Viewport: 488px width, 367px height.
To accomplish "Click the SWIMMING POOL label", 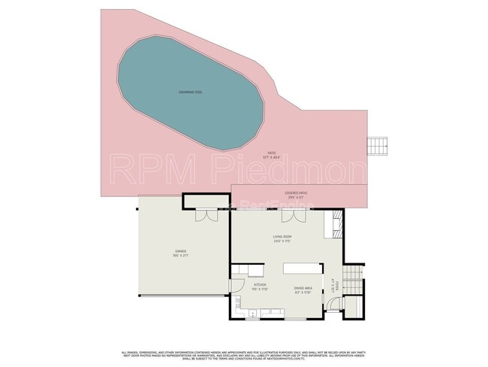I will [191, 91].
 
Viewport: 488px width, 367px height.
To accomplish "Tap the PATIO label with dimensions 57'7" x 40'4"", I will [270, 153].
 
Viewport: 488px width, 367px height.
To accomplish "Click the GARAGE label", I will [181, 250].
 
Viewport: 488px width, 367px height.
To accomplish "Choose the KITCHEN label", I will [259, 286].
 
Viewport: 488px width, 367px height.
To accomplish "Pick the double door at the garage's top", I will [202, 216].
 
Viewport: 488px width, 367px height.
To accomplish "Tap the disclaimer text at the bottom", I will [244, 354].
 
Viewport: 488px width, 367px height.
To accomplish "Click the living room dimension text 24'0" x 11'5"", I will [282, 241].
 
